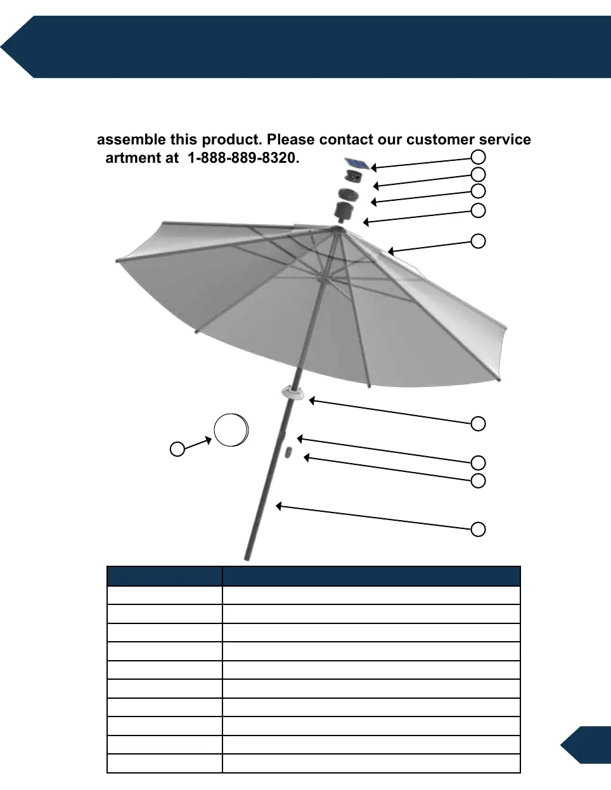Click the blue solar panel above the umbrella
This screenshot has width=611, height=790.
(357, 164)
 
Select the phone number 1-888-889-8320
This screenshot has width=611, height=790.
(243, 158)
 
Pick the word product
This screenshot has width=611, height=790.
(231, 139)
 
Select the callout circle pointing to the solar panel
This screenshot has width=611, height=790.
(479, 156)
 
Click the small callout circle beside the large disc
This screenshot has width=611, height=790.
(177, 449)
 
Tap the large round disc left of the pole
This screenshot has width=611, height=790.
(231, 430)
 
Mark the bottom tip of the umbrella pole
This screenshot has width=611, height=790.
(248, 557)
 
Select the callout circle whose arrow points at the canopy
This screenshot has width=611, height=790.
(479, 241)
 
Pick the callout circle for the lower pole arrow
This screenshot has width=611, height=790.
(479, 529)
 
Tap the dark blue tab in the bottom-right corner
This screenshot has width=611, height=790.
(588, 745)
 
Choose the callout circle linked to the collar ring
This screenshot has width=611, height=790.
(479, 423)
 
